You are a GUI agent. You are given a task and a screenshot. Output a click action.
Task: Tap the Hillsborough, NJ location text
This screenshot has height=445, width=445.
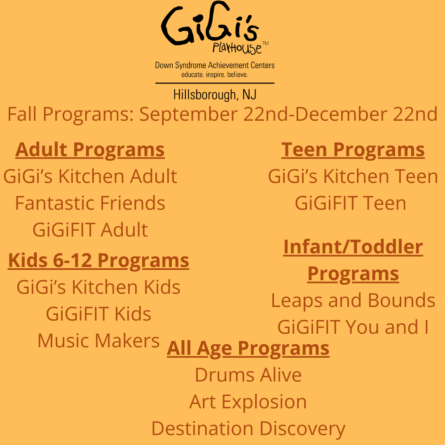tap(215, 95)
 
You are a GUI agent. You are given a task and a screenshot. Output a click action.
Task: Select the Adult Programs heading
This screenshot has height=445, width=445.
tap(90, 150)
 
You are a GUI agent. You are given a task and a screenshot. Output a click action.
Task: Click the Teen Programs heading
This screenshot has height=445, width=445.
tap(353, 150)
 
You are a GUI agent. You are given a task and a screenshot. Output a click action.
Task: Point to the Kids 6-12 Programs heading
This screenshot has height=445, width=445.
tap(98, 260)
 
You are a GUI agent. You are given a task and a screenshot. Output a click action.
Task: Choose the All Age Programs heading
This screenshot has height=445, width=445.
tap(248, 348)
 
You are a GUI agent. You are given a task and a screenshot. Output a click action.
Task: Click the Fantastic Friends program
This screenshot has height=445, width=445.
tap(90, 203)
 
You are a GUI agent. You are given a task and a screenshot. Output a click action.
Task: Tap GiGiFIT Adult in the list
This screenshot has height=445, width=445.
tap(90, 230)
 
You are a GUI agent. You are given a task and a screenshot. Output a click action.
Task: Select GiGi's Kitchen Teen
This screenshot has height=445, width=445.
tap(353, 176)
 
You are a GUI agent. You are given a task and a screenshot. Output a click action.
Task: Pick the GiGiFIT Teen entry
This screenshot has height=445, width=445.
tap(351, 203)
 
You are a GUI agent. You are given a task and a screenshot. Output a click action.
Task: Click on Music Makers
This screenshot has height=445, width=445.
tap(98, 340)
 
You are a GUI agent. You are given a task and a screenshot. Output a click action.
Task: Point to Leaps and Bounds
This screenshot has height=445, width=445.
tap(353, 300)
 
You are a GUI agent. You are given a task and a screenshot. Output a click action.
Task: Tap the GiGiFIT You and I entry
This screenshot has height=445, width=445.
tap(353, 327)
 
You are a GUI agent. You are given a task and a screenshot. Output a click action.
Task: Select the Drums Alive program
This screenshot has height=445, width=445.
tap(248, 375)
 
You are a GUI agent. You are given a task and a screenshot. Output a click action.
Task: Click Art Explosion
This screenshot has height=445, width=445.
tap(248, 402)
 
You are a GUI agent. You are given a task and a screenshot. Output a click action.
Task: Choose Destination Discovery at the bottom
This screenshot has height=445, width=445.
tap(248, 429)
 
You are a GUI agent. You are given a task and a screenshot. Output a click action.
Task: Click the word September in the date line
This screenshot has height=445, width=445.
tap(188, 115)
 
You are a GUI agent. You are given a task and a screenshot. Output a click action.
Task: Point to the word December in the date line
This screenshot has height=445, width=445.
tap(341, 114)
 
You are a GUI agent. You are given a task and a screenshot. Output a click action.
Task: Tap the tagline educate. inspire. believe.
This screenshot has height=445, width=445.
tap(215, 75)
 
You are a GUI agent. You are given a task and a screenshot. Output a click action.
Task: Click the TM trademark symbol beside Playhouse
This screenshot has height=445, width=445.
tap(265, 43)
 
